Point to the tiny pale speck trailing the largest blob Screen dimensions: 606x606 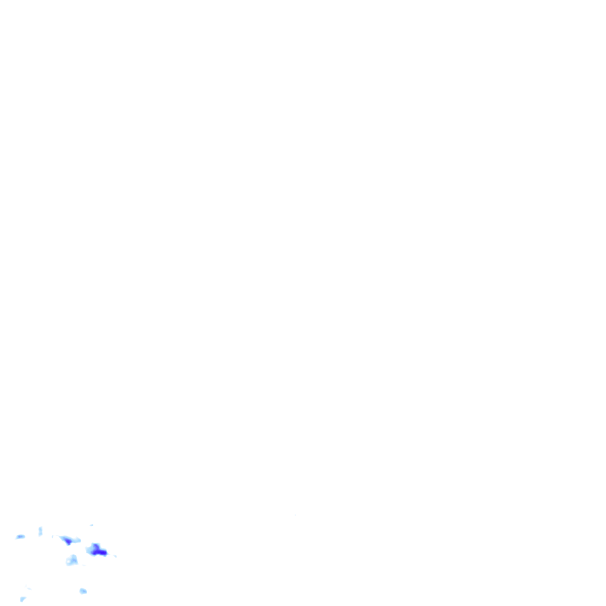[x=115, y=556]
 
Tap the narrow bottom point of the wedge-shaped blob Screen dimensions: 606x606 [x=69, y=544]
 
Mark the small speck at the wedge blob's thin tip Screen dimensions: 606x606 [x=53, y=536]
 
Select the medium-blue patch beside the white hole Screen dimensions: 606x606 [x=75, y=560]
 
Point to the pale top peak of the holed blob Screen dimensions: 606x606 [x=74, y=556]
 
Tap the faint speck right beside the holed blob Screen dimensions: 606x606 [x=83, y=565]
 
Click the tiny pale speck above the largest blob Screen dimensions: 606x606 [x=92, y=525]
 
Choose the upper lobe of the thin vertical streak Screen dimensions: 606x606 [x=40, y=528]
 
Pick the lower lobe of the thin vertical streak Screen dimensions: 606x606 [x=40, y=534]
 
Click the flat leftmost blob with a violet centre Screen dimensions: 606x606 [x=20, y=537]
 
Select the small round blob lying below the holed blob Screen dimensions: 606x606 [x=83, y=591]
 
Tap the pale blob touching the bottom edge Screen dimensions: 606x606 [x=22, y=599]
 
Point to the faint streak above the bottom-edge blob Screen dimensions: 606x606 [x=28, y=588]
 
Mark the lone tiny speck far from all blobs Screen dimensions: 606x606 [x=295, y=515]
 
